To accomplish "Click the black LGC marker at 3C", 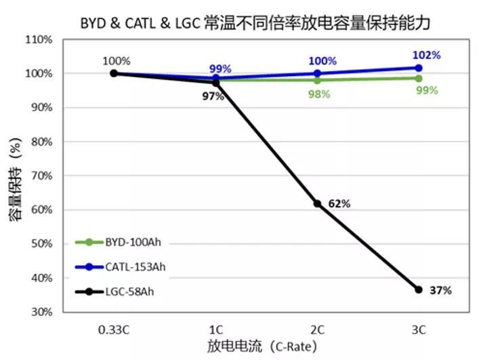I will pos(419,289).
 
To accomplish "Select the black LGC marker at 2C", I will pos(317,203).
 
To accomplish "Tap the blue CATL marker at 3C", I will pos(419,68).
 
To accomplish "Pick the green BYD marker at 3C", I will pos(419,78).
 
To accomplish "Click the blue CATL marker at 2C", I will pos(317,73).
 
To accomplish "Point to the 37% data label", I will pos(441,290).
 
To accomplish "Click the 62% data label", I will pos(339,203).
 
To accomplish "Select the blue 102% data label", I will pos(427,55).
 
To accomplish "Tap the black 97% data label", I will pos(213,96).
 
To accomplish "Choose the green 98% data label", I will pos(318,94).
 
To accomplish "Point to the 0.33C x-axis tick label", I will pos(114,329).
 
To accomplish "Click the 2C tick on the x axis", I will pos(317,329).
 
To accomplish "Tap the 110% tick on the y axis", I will pos(39,39).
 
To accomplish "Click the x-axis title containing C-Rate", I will pos(261,346).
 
